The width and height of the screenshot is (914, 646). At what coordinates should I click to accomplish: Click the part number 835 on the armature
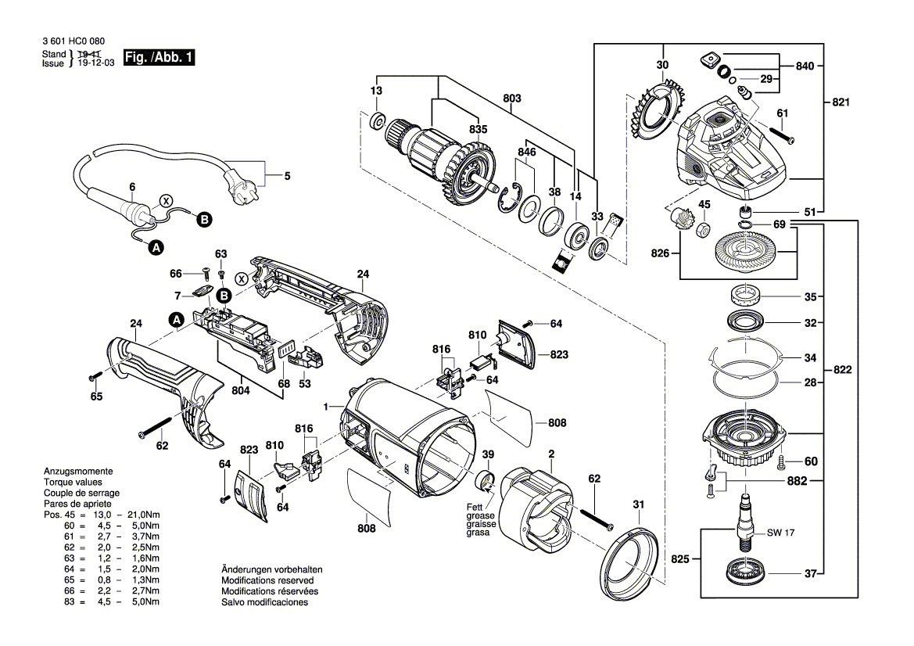pos(478,129)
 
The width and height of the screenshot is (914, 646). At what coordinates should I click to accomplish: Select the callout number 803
pos(512,99)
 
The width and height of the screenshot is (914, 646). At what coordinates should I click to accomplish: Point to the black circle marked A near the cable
pos(156,247)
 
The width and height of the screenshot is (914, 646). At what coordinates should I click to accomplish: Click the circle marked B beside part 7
pos(224,296)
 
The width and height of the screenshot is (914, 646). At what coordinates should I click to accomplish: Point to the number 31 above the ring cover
pos(639,504)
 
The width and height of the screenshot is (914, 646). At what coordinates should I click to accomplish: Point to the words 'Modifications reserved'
pos(267,581)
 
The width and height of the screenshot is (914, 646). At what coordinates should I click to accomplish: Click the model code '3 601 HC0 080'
pos(74,41)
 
